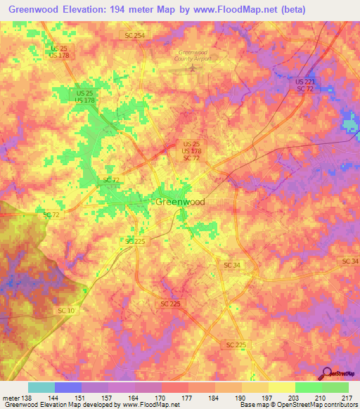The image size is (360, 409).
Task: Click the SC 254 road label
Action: tap(134, 36)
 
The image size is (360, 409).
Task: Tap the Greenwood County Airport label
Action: tap(195, 56)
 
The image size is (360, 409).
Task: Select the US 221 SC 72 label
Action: tap(304, 85)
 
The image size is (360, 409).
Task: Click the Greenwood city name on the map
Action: tap(180, 202)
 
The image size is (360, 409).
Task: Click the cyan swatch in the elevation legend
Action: tap(41, 387)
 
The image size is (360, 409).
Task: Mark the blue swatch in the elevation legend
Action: tap(67, 387)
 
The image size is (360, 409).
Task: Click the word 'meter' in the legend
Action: tap(10, 398)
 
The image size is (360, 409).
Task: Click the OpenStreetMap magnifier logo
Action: tap(326, 373)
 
